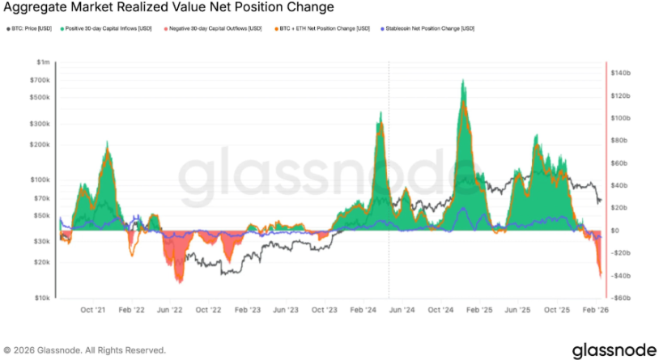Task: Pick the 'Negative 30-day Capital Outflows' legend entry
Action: pos(213,29)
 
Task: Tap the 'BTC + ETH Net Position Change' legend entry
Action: pos(323,29)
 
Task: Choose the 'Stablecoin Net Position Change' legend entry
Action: pos(424,29)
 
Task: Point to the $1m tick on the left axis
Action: pos(43,62)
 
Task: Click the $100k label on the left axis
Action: pos(40,180)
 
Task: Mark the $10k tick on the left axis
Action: pos(41,298)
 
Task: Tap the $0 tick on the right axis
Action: pos(617,231)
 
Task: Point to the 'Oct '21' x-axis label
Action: pos(93,309)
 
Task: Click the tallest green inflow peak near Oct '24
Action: pos(462,81)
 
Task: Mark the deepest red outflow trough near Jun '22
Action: pos(179,281)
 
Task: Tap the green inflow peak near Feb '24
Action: pos(380,113)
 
